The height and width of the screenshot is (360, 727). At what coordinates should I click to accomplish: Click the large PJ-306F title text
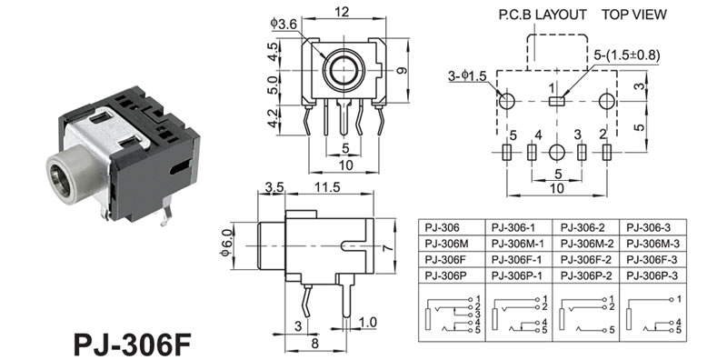pyautogui.click(x=133, y=345)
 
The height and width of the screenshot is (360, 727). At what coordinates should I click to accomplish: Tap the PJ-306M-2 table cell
pyautogui.click(x=586, y=244)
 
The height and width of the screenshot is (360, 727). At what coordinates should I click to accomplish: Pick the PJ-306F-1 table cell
pyautogui.click(x=517, y=259)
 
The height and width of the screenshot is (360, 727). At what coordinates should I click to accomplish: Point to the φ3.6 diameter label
pyautogui.click(x=284, y=24)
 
